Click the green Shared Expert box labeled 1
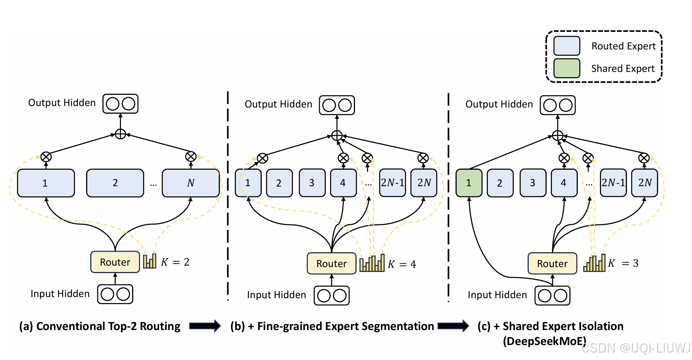[469, 183]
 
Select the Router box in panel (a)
[115, 262]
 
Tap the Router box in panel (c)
[552, 263]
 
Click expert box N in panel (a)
[191, 183]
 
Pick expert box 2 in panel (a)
[115, 183]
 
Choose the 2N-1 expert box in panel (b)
[392, 183]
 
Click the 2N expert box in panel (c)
[644, 183]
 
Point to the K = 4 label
[402, 264]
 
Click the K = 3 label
[623, 263]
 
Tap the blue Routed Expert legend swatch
[567, 46]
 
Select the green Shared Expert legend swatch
[567, 68]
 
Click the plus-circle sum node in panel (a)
[120, 134]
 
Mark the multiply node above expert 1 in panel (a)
[46, 157]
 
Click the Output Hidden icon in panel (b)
[337, 105]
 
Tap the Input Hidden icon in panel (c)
[552, 296]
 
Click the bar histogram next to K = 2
[150, 261]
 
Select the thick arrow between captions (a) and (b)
[205, 326]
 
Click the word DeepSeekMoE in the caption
[544, 341]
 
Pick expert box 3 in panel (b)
[312, 183]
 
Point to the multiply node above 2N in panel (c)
[644, 158]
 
